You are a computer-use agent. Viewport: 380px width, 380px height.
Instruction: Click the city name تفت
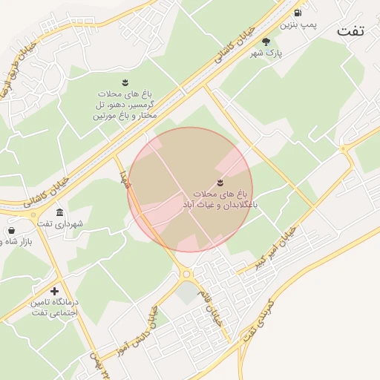(x=353, y=30)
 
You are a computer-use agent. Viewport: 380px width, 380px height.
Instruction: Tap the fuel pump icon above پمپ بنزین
(x=298, y=13)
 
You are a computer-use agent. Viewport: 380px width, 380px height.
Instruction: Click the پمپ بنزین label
(x=303, y=26)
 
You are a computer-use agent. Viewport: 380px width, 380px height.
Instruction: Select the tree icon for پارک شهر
(x=266, y=42)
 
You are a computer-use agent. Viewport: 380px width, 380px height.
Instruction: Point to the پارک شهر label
(x=266, y=55)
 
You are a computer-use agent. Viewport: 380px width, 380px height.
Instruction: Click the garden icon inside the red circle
(x=220, y=183)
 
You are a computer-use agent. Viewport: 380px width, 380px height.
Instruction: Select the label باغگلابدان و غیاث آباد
(x=220, y=203)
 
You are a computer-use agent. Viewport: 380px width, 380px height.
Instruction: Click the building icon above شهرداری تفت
(x=59, y=212)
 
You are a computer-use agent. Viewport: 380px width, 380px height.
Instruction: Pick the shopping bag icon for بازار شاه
(x=11, y=231)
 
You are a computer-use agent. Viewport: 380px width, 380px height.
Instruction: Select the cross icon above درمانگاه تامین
(x=53, y=291)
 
